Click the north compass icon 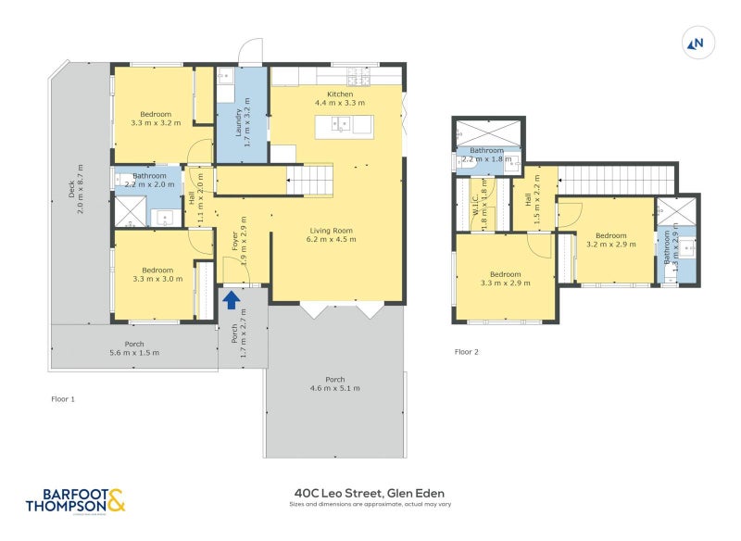coord(696,42)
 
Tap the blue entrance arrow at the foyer coord(231,299)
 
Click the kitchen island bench coord(343,124)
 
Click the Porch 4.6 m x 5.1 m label coord(334,384)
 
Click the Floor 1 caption coord(63,398)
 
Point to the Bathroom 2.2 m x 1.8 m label coord(486,155)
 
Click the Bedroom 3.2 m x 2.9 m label coord(611,240)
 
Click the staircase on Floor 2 coord(616,178)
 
